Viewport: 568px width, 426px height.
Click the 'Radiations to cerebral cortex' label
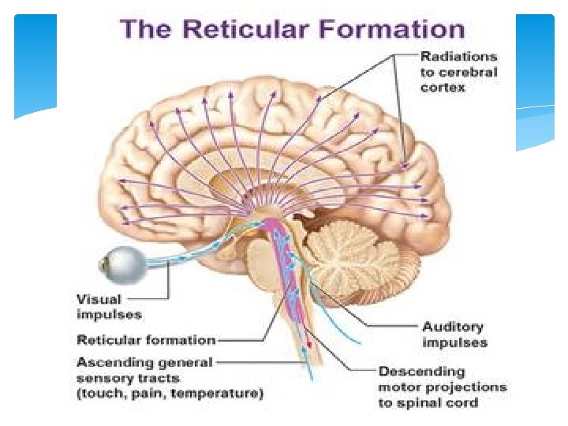pos(458,71)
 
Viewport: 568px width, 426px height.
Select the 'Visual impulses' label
pos(109,306)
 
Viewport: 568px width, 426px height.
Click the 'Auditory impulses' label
pos(455,334)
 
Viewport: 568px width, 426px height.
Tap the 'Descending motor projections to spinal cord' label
pos(443,387)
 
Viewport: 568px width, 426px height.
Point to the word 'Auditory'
pos(453,327)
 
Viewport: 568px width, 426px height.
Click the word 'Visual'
pos(98,299)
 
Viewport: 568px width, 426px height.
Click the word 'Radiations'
pos(458,56)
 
